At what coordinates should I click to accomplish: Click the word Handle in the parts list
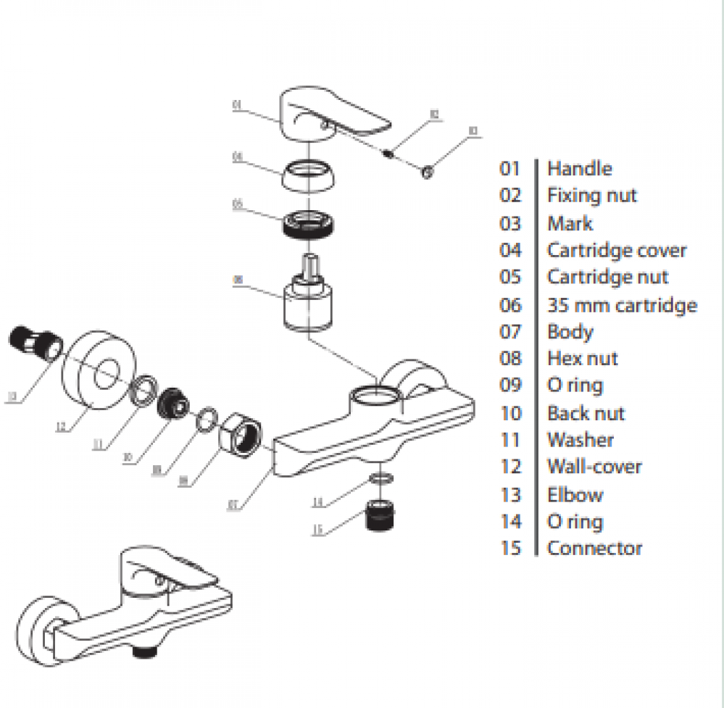point(579,169)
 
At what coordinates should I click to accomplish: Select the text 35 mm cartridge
point(622,305)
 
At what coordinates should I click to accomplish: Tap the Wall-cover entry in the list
point(594,467)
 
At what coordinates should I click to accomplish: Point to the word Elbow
point(575,495)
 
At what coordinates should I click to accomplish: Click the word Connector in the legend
point(594,548)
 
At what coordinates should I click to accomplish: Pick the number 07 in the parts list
point(510,332)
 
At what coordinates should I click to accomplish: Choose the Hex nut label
point(582,358)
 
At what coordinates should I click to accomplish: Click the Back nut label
point(586,413)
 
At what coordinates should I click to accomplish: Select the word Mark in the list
point(570,223)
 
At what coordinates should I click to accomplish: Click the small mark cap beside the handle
point(427,171)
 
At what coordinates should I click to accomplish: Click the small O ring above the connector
point(381,479)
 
